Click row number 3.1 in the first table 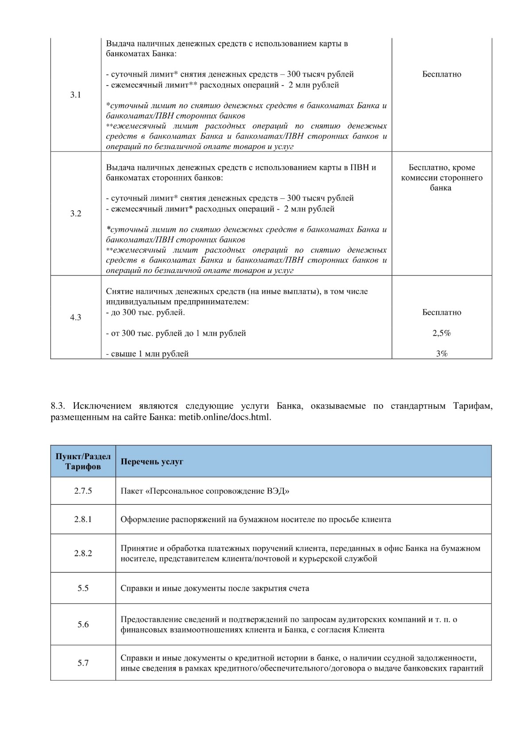(x=76, y=95)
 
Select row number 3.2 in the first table (x=76, y=214)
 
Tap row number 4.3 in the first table (x=76, y=317)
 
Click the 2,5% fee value (x=442, y=333)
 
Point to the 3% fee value (x=442, y=354)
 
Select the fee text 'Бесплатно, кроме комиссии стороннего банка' (x=442, y=178)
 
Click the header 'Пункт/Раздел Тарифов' (x=83, y=461)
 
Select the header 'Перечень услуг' (x=152, y=461)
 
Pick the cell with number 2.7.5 (x=83, y=491)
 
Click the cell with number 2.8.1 (x=83, y=519)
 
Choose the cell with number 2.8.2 (x=83, y=554)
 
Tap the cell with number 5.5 (x=83, y=588)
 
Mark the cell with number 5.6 (x=83, y=625)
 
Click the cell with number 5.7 (x=83, y=663)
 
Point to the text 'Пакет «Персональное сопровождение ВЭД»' (x=205, y=491)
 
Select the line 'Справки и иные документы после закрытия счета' (x=215, y=588)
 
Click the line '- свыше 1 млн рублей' (x=147, y=354)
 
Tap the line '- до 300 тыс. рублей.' (x=145, y=313)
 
